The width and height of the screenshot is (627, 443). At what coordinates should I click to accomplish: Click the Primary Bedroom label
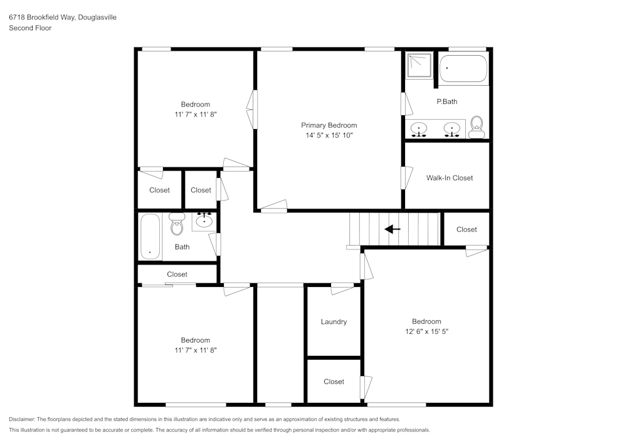329,125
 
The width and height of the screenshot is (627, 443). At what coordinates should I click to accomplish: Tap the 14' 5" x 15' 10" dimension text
329,135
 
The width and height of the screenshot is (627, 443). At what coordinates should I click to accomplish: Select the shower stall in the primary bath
418,65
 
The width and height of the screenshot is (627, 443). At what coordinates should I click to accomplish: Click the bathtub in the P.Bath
463,68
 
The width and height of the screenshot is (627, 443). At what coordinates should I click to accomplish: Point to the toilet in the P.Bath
477,126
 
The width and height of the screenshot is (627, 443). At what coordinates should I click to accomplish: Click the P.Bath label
447,102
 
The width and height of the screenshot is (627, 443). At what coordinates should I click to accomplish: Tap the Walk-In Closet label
450,178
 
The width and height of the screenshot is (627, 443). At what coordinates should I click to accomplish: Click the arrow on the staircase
393,229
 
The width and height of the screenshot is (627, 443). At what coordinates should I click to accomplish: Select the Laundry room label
334,322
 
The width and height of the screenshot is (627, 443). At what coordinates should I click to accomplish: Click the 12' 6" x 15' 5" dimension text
426,331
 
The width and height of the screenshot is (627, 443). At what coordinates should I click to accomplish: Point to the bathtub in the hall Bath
150,236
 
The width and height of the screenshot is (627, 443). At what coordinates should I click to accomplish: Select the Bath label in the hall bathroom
182,247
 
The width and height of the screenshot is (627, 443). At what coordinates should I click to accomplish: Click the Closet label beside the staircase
466,229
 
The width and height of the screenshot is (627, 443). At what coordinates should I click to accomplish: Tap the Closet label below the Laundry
334,382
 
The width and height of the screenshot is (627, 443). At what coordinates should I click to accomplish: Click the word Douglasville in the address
97,18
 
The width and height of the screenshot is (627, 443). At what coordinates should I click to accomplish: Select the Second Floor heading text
30,28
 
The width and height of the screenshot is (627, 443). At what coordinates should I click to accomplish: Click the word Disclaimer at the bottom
22,419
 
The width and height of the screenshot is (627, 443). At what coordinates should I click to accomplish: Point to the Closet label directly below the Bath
177,274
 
